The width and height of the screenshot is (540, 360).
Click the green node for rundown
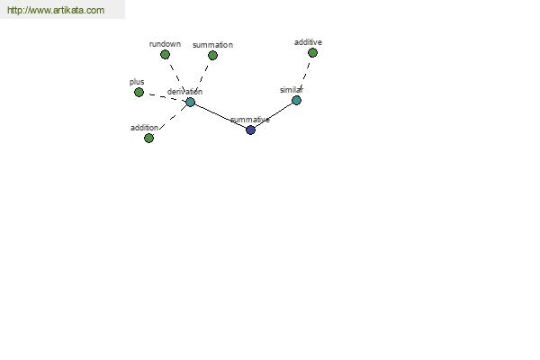[x=165, y=54]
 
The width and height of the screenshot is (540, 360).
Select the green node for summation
[x=212, y=56]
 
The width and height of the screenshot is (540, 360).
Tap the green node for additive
[x=312, y=53]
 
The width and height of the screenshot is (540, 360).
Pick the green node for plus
[x=139, y=93]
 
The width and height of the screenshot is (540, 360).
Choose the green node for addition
[x=148, y=138]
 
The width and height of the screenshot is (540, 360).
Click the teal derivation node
[x=191, y=102]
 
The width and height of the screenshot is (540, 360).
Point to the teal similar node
[x=296, y=100]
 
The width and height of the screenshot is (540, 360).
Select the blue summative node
[x=251, y=130]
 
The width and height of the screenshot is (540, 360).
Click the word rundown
[x=165, y=44]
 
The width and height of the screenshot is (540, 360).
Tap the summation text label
[x=212, y=45]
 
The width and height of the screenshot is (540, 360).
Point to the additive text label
[x=308, y=42]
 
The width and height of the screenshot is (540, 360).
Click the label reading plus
[x=137, y=82]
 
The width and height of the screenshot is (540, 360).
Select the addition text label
[x=144, y=128]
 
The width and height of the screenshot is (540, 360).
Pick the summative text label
[x=250, y=120]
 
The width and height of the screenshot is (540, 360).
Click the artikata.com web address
[x=56, y=10]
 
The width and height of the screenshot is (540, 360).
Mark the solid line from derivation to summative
[x=220, y=116]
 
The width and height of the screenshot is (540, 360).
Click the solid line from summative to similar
[x=274, y=115]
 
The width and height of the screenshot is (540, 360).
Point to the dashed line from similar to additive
[x=305, y=76]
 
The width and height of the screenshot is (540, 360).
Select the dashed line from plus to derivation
[x=165, y=97]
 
